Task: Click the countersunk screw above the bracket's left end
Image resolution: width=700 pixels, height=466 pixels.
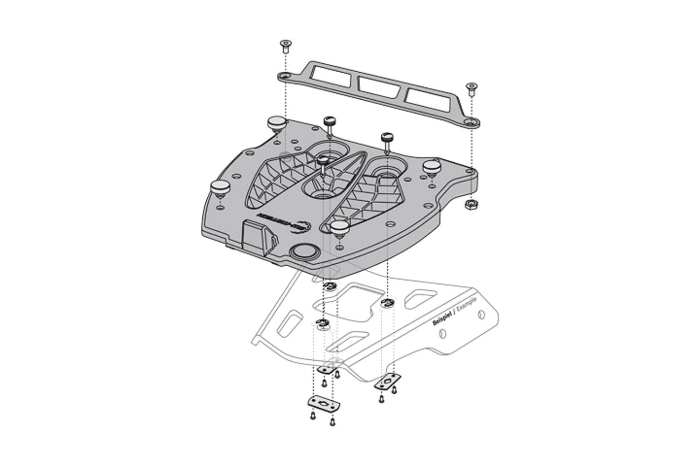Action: pyautogui.click(x=284, y=45)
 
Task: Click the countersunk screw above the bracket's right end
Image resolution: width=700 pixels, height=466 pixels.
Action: pyautogui.click(x=471, y=89)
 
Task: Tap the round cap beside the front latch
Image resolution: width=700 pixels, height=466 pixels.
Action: pyautogui.click(x=304, y=252)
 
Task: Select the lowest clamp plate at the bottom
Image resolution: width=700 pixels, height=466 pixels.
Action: pyautogui.click(x=322, y=403)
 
